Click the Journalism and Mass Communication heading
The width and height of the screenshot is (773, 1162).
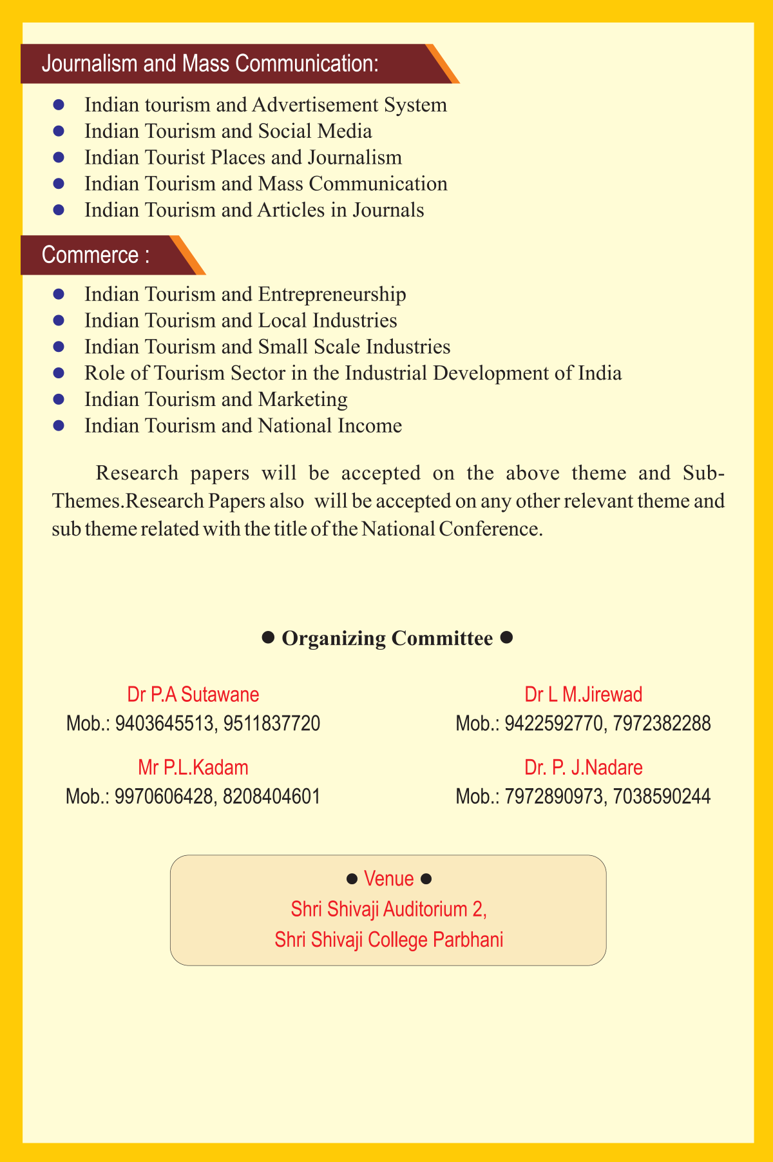coord(209,64)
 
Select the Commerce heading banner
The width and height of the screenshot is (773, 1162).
coord(95,255)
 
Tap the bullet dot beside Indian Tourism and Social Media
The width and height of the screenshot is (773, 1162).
coord(59,131)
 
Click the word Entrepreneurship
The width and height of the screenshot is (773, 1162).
coord(332,295)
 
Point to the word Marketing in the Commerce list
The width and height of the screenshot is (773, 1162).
coord(303,400)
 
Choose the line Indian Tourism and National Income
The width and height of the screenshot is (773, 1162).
coord(243,426)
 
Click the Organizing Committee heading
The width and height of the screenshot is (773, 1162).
coord(387,638)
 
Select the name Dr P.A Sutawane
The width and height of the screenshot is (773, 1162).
coord(193,694)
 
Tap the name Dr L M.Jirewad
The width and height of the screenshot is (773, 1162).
coord(584,694)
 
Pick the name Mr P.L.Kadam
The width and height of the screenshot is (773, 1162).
coord(193,768)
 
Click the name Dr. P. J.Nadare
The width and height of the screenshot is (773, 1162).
coord(584,768)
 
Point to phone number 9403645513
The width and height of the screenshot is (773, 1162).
coord(164,724)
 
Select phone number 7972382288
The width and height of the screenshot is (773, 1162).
coord(662,724)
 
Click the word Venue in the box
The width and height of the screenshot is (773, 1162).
coord(388,878)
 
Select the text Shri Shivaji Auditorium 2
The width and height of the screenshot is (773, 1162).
coord(388,909)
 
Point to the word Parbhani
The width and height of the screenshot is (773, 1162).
coord(468,940)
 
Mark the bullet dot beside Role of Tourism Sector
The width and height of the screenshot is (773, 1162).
coord(59,373)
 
